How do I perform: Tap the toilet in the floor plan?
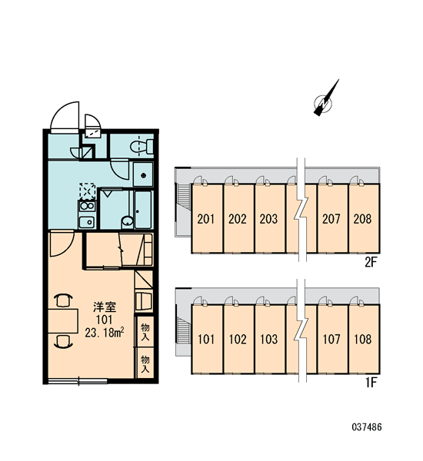click(142, 146)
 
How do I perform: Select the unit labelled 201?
click(207, 218)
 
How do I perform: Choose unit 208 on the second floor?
click(364, 218)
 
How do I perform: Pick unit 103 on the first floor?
click(269, 340)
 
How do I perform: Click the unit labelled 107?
click(332, 340)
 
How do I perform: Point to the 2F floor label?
click(371, 262)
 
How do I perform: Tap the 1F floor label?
click(371, 383)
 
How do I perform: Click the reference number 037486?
click(367, 426)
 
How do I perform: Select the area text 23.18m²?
click(104, 333)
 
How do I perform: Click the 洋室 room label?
click(105, 307)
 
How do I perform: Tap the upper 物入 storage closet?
click(145, 331)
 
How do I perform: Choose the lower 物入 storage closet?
click(145, 363)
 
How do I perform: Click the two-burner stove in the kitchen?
click(87, 206)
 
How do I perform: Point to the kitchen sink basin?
click(87, 222)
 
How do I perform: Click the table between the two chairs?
click(63, 321)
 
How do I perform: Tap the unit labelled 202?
click(238, 218)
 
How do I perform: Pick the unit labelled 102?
click(238, 340)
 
